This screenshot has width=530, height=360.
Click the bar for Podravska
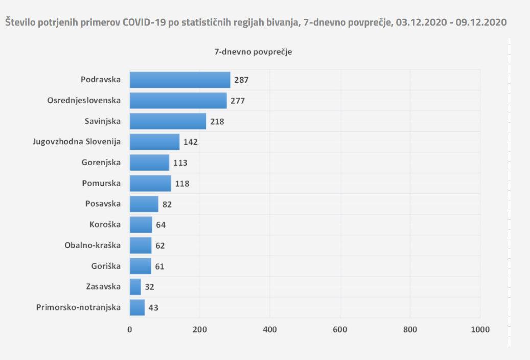click(x=180, y=80)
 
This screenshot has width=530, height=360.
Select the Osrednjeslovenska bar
click(x=178, y=100)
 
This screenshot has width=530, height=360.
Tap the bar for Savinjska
click(x=168, y=121)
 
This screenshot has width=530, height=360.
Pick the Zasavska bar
click(x=135, y=286)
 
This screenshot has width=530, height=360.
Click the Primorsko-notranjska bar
click(x=137, y=307)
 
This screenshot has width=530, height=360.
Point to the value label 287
click(x=241, y=80)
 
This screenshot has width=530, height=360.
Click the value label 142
click(x=191, y=142)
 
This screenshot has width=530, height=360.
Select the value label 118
click(x=182, y=184)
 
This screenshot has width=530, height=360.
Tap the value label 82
click(x=167, y=204)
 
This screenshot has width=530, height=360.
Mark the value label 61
click(x=160, y=266)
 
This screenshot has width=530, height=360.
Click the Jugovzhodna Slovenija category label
click(x=77, y=142)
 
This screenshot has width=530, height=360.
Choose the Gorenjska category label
click(x=101, y=163)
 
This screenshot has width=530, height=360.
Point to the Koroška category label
click(x=105, y=224)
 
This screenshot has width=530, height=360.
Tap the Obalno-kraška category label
click(x=93, y=245)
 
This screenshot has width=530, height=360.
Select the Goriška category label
click(x=106, y=266)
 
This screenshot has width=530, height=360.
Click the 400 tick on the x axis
click(x=270, y=330)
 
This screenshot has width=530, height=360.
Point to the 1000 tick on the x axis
click(x=479, y=330)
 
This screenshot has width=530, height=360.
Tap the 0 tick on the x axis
click(x=130, y=330)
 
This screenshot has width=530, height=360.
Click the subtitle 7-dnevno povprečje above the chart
click(x=253, y=52)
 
